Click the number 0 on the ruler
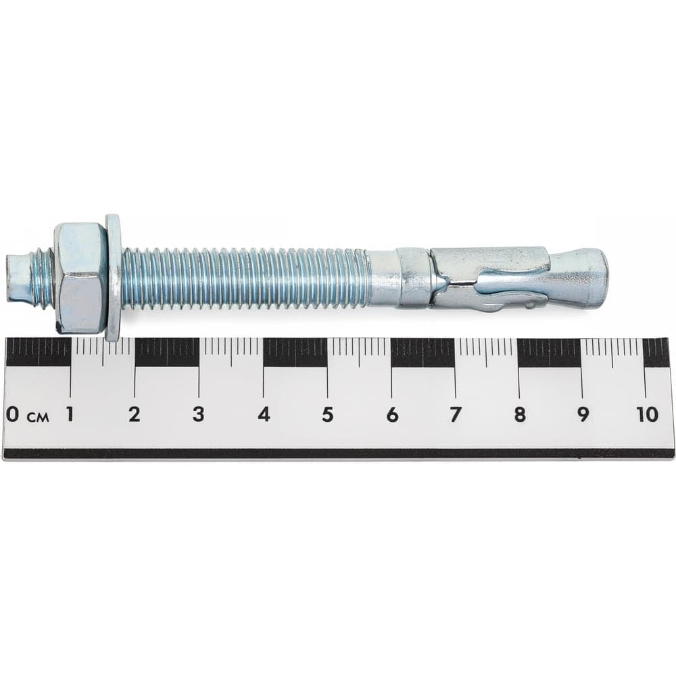point(12,415)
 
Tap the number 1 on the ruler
point(69,415)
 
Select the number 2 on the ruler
point(134,415)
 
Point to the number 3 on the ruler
point(198,415)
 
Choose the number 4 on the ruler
point(264,415)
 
